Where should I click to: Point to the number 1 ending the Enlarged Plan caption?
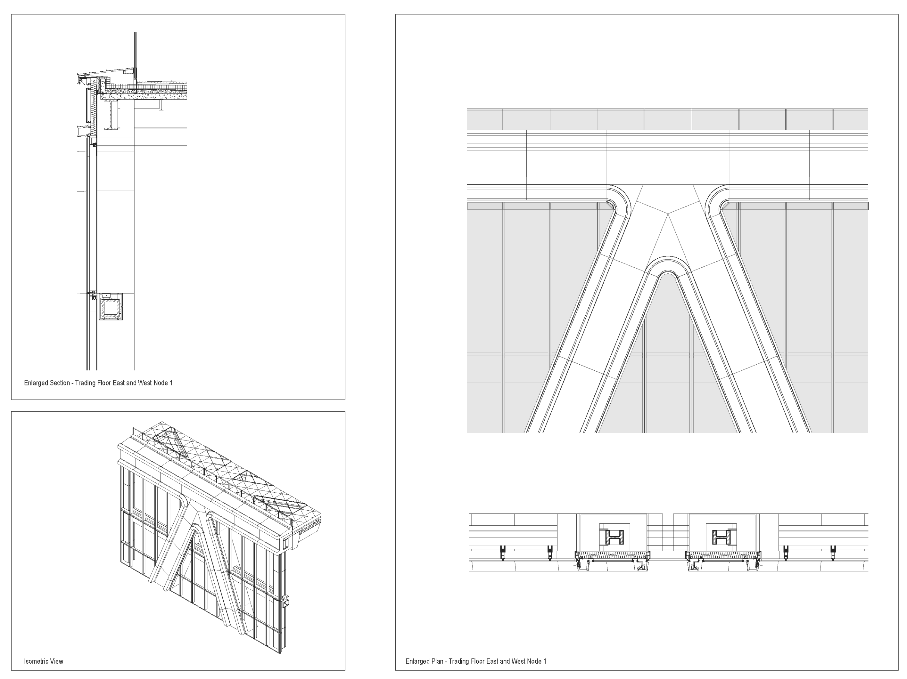click(545, 661)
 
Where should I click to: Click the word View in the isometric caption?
click(57, 661)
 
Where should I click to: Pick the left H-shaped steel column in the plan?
click(614, 537)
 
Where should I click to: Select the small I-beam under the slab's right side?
click(161, 105)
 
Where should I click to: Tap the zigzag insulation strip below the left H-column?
click(613, 556)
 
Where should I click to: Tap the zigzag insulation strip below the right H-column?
click(723, 556)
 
